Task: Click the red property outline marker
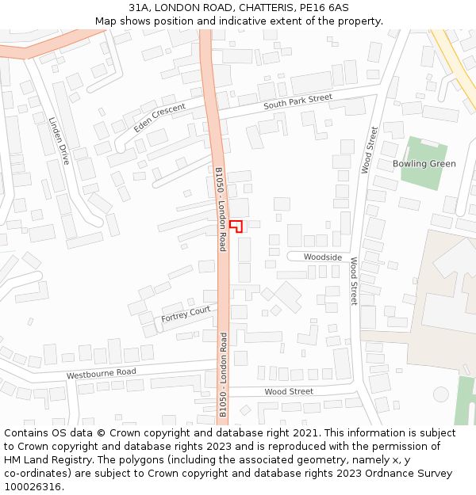pyautogui.click(x=235, y=225)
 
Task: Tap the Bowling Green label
pyautogui.click(x=424, y=164)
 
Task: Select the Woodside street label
pyautogui.click(x=323, y=257)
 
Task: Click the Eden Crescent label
pyautogui.click(x=159, y=116)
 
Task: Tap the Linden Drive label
pyautogui.click(x=59, y=140)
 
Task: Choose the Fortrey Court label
pyautogui.click(x=186, y=314)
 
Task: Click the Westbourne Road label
pyautogui.click(x=101, y=373)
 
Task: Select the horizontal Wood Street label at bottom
pyautogui.click(x=289, y=391)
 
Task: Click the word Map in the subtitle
pyautogui.click(x=106, y=21)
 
